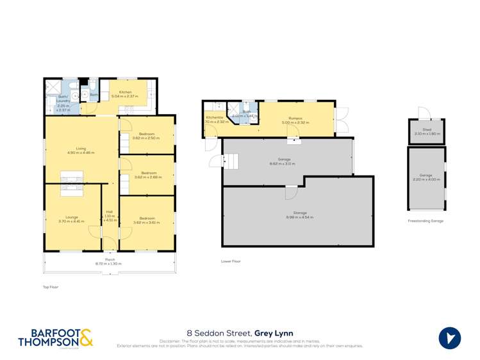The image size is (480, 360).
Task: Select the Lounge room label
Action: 72,218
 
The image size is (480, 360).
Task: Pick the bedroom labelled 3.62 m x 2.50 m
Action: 147,136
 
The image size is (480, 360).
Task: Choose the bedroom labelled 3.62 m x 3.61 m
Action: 147,220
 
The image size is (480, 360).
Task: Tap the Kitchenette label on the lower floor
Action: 214,118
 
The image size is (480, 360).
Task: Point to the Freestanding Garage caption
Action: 426,221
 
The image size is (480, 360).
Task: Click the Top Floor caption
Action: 50,287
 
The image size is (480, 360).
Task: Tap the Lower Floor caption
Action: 230,261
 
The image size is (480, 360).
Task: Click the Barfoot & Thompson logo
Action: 55,338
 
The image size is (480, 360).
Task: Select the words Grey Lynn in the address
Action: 274,333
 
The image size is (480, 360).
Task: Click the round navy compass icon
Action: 450,338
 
